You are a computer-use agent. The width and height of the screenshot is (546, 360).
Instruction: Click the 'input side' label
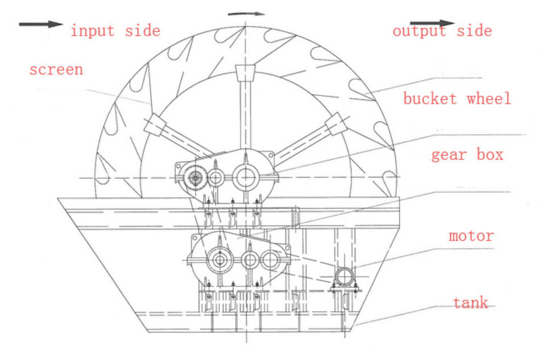pyautogui.click(x=115, y=31)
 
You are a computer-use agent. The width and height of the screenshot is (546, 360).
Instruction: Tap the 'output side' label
pyautogui.click(x=442, y=31)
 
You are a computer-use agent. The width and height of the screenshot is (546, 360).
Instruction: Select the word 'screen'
pyautogui.click(x=56, y=70)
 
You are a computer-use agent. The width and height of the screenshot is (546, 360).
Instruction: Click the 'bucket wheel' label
pyautogui.click(x=457, y=98)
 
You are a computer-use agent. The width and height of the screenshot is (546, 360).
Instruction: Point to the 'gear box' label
pyautogui.click(x=467, y=154)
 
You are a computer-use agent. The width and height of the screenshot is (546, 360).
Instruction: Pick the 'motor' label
pyautogui.click(x=471, y=235)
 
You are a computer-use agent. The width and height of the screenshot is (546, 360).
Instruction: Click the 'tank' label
pyautogui.click(x=470, y=303)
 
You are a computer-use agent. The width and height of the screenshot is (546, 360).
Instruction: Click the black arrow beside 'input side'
pyautogui.click(x=40, y=24)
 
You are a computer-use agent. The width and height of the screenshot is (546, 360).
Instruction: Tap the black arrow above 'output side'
pyautogui.click(x=432, y=23)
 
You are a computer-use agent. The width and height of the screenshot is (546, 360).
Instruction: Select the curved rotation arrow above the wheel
pyautogui.click(x=246, y=14)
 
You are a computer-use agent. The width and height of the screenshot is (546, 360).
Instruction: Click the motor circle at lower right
pyautogui.click(x=344, y=277)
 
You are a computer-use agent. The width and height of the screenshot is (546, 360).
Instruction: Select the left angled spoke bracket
pyautogui.click(x=155, y=123)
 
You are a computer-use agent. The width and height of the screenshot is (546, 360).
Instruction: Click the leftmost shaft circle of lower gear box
pyautogui.click(x=220, y=260)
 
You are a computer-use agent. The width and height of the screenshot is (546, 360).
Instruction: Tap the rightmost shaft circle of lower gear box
pyautogui.click(x=271, y=260)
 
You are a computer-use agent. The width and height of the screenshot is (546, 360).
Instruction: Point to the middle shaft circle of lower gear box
pyautogui.click(x=250, y=260)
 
